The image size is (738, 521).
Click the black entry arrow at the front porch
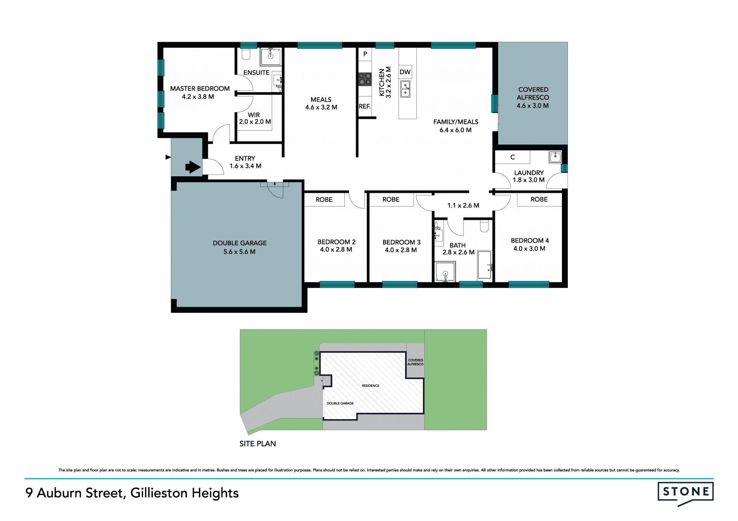click(x=193, y=167)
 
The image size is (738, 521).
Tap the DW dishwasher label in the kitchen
click(x=405, y=72)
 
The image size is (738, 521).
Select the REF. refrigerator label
click(x=365, y=106)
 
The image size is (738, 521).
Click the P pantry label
click(x=365, y=54)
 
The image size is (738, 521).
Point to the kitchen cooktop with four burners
click(x=365, y=79)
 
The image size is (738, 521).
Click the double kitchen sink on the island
click(x=405, y=89)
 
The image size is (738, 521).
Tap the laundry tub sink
click(x=555, y=157)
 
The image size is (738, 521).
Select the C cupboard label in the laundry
click(x=512, y=157)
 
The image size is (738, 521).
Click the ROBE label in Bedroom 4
click(x=539, y=199)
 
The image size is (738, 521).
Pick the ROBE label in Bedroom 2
click(x=324, y=200)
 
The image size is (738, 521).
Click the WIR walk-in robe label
click(x=254, y=115)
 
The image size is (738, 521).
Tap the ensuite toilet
click(x=246, y=54)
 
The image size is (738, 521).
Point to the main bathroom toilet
click(x=484, y=226)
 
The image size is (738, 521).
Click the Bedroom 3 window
click(x=400, y=285)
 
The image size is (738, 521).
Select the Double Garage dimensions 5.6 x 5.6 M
click(x=239, y=252)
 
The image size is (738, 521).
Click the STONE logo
click(x=686, y=494)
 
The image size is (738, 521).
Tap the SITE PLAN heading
click(x=258, y=444)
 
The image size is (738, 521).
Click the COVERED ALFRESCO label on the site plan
click(x=416, y=362)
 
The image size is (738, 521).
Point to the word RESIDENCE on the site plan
click(x=371, y=386)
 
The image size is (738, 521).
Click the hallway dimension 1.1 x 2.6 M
click(x=463, y=206)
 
